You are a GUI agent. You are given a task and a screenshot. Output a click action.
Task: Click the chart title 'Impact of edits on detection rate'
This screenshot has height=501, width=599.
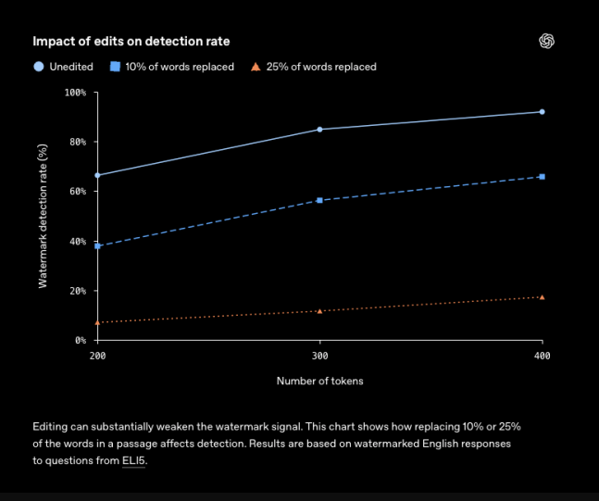(x=131, y=42)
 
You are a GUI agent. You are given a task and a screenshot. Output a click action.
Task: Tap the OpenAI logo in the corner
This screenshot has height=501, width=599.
(x=546, y=41)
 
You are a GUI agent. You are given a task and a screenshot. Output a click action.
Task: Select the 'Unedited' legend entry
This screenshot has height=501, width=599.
(x=63, y=67)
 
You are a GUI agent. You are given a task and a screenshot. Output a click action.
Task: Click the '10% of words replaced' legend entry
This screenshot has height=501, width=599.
(x=172, y=67)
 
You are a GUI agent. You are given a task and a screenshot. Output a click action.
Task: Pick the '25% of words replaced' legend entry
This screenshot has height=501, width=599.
(x=313, y=67)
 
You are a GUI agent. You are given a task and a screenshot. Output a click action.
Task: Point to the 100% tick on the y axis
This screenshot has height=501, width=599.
(x=75, y=93)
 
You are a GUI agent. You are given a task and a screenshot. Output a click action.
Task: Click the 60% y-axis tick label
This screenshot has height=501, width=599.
(x=78, y=192)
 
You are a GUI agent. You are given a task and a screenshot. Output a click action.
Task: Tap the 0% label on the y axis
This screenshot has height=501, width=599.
(x=81, y=340)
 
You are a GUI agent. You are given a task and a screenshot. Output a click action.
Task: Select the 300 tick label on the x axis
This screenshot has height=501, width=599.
(x=319, y=356)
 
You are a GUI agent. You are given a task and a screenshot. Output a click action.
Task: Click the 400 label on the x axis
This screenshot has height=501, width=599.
(x=543, y=356)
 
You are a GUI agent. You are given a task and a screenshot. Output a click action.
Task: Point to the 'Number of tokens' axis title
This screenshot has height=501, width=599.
(x=319, y=381)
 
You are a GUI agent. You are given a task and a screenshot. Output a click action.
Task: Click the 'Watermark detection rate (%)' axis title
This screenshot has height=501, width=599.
(x=43, y=216)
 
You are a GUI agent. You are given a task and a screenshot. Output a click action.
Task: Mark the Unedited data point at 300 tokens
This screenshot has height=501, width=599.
(x=319, y=130)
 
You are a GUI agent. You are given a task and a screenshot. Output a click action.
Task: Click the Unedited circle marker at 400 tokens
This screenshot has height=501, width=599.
(x=543, y=112)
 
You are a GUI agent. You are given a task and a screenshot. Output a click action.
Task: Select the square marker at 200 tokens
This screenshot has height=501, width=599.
(x=97, y=246)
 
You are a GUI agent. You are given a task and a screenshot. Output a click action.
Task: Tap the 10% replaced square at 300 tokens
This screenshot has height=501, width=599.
(x=319, y=200)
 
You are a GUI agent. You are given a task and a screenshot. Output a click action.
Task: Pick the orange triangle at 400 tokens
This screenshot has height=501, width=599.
(x=543, y=297)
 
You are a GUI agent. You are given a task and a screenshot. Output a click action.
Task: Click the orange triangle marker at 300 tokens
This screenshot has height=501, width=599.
(x=319, y=311)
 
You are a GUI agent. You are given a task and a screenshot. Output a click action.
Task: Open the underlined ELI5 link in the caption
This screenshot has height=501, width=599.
(x=133, y=460)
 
